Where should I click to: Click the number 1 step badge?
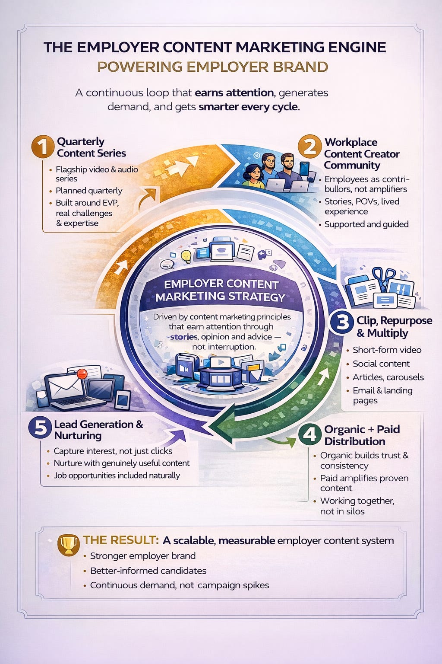pyautogui.click(x=43, y=147)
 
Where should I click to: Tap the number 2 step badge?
pyautogui.click(x=310, y=147)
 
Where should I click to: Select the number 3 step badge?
pyautogui.click(x=342, y=323)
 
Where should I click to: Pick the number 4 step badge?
pyautogui.click(x=309, y=434)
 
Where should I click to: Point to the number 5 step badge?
pyautogui.click(x=40, y=428)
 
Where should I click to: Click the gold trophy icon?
pyautogui.click(x=68, y=544)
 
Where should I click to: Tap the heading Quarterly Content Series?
pyautogui.click(x=92, y=147)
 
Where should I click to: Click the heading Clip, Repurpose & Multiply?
pyautogui.click(x=394, y=327)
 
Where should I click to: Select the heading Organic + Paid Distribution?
pyautogui.click(x=362, y=435)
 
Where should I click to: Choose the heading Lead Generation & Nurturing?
pyautogui.click(x=98, y=430)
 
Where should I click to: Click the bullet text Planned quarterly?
pyautogui.click(x=89, y=191)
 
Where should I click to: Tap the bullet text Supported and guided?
pyautogui.click(x=366, y=224)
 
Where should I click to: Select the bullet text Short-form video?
pyautogui.click(x=387, y=350)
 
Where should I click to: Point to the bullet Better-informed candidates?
pyautogui.click(x=148, y=571)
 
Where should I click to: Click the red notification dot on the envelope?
pyautogui.click(x=82, y=373)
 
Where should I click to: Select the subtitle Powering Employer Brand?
pyautogui.click(x=213, y=67)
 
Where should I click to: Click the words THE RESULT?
pyautogui.click(x=120, y=540)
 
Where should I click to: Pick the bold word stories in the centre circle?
pyautogui.click(x=183, y=337)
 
